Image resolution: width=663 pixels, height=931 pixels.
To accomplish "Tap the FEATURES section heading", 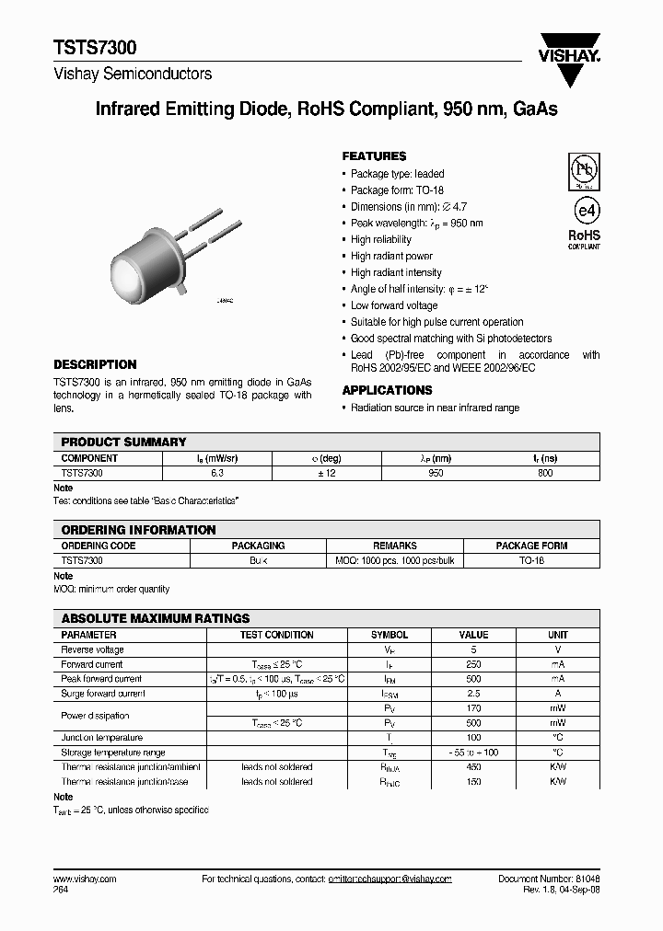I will [x=374, y=156].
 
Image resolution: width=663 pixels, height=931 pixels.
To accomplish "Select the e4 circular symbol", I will [x=584, y=211].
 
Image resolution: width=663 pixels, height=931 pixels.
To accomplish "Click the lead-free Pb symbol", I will [x=584, y=170].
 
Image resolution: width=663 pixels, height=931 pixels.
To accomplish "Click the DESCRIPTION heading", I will [x=95, y=364].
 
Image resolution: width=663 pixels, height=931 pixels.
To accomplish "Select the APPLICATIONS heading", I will [x=387, y=390].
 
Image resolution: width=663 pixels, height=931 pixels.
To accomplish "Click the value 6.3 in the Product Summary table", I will [x=216, y=473].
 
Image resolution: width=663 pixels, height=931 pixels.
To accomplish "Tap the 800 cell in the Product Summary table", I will [x=545, y=473].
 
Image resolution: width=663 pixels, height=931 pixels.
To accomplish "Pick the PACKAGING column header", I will [x=258, y=546].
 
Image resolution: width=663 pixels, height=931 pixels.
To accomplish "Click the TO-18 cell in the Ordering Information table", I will [x=531, y=560].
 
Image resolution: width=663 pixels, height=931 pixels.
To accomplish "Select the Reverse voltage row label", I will [x=92, y=649].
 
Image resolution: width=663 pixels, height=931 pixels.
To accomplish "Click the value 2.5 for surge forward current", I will [x=473, y=694].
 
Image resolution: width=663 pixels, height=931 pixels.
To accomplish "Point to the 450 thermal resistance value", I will [x=473, y=767].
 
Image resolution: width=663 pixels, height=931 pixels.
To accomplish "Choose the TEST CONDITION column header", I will [x=276, y=635].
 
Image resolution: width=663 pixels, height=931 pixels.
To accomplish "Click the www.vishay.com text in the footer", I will [x=85, y=879].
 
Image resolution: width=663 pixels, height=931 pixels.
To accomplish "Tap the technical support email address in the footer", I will [x=390, y=879].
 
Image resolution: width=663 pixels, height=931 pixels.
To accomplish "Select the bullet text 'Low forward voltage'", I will [x=394, y=305].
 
